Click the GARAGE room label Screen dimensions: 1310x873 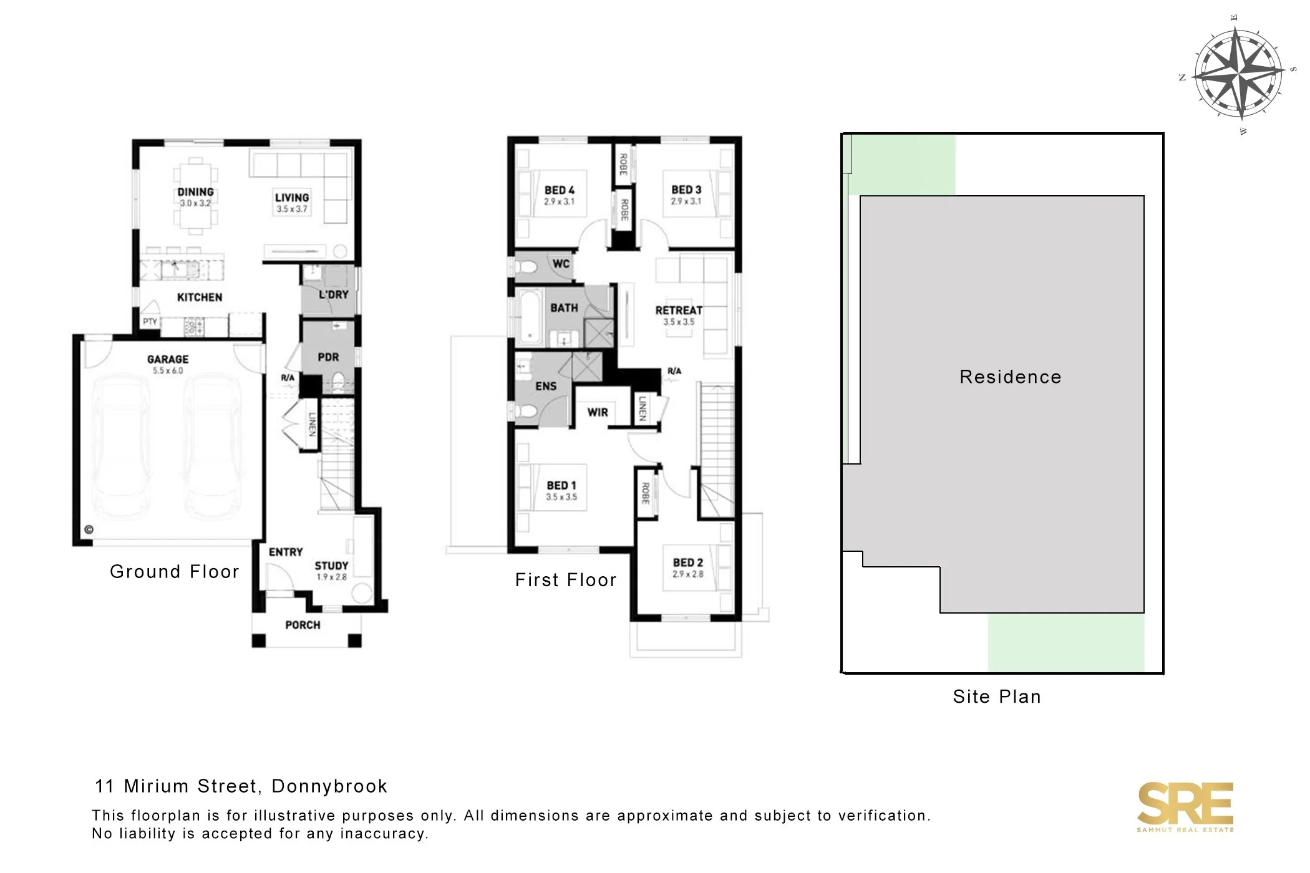tap(168, 359)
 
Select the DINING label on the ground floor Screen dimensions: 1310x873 tap(195, 192)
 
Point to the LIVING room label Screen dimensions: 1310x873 tap(292, 198)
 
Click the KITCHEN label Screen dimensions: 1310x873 tap(200, 297)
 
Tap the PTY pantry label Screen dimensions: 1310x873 tap(150, 322)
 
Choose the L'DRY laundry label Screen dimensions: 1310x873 tap(333, 294)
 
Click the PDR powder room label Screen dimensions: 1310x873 tap(328, 357)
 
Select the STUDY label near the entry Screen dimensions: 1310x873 tap(331, 566)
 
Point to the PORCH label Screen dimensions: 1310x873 tap(303, 625)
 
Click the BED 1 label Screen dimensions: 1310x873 tap(561, 485)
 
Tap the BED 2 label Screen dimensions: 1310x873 tap(688, 562)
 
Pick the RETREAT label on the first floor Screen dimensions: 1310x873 tap(679, 310)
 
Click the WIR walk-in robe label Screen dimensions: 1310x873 tap(598, 412)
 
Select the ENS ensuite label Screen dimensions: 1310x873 tap(546, 387)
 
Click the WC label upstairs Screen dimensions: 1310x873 tap(561, 264)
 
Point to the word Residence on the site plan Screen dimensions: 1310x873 tap(1011, 377)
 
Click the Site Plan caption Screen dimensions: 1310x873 tap(997, 697)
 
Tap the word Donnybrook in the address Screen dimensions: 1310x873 tap(329, 786)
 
